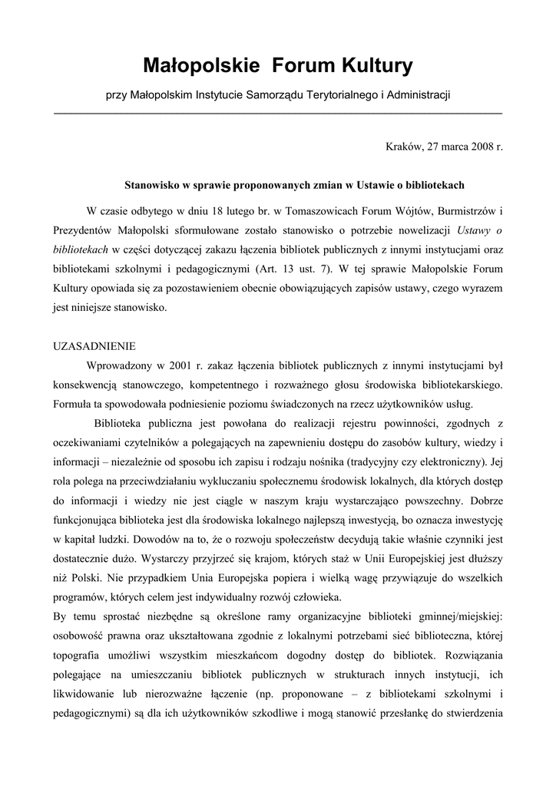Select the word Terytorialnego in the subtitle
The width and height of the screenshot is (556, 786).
click(x=342, y=95)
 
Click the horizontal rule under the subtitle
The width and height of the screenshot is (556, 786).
click(x=277, y=114)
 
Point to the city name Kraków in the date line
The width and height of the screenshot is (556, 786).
click(x=403, y=146)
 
